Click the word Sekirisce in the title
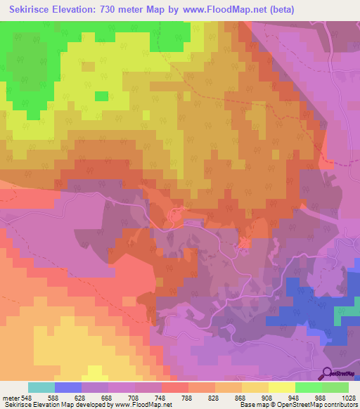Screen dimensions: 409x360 [34, 10]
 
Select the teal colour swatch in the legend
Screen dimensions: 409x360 [41, 387]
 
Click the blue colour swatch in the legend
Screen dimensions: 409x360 [68, 387]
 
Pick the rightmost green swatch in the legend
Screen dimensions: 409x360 [335, 387]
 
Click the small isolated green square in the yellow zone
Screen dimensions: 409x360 [101, 96]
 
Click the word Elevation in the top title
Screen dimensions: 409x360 [84, 10]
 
